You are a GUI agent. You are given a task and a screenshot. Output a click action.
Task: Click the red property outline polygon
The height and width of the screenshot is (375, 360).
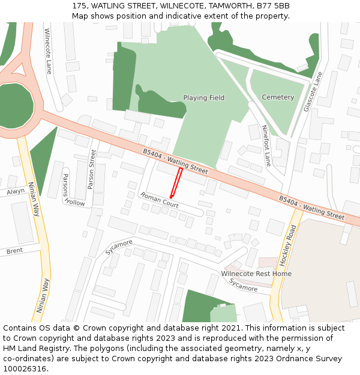(176, 182)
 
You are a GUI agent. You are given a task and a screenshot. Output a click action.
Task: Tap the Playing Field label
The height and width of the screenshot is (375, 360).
(203, 98)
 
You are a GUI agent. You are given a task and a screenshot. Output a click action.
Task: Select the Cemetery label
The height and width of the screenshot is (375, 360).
(278, 97)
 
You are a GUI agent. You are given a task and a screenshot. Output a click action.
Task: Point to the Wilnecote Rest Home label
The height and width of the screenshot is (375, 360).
(256, 274)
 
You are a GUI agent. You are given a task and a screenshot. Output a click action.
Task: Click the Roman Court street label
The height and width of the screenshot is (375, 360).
(159, 200)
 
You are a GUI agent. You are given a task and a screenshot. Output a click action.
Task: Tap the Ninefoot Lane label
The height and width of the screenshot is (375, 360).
(267, 145)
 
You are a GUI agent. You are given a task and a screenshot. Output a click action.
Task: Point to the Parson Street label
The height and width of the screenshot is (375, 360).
(92, 169)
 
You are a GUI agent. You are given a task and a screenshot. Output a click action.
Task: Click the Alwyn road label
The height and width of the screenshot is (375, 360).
(16, 192)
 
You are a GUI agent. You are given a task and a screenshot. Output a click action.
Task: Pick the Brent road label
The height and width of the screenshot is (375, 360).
(14, 251)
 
